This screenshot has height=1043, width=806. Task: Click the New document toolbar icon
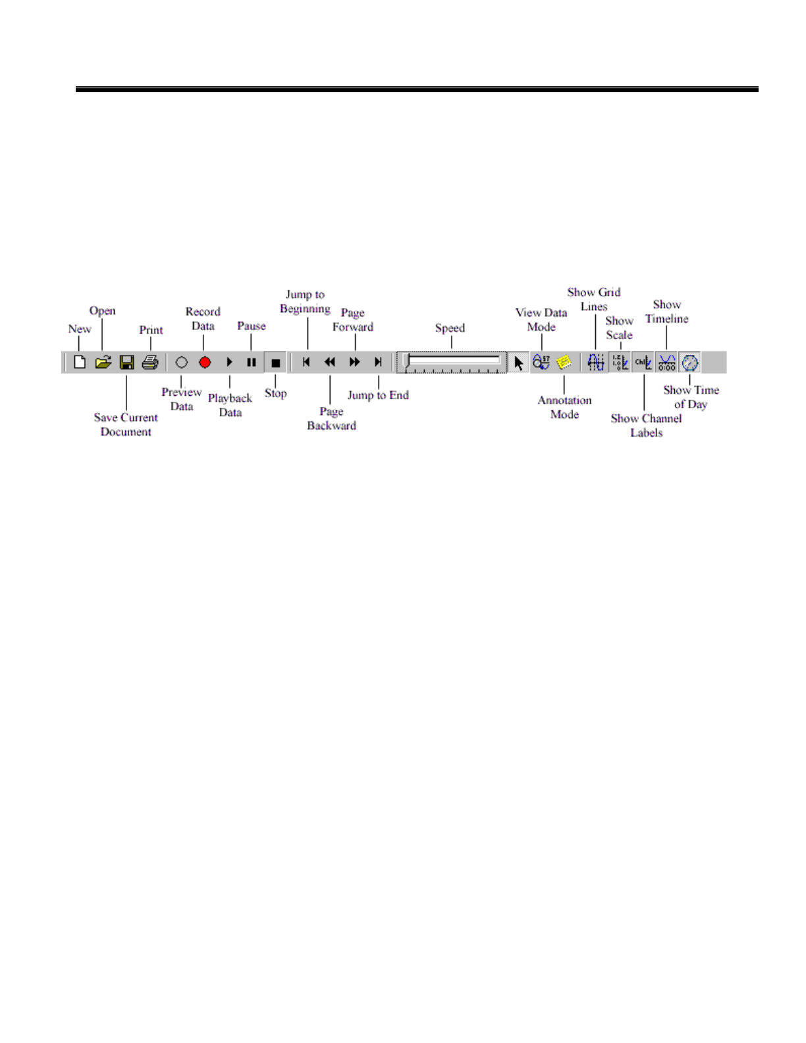tap(80, 362)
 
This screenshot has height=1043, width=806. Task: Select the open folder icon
tap(103, 362)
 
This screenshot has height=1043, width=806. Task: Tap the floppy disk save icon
tap(126, 362)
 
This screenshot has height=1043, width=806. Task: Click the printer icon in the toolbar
tap(150, 362)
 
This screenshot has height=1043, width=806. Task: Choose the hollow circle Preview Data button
tap(182, 362)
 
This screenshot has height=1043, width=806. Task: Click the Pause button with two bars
tap(252, 362)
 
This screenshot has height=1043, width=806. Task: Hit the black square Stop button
tap(276, 363)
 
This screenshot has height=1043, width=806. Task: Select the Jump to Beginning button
tap(306, 362)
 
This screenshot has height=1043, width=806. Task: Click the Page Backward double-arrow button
tap(330, 362)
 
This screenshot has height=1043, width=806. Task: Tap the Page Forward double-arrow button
tap(354, 362)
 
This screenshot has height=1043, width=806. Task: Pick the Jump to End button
tap(378, 362)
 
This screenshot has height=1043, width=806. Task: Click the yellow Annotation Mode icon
tap(564, 362)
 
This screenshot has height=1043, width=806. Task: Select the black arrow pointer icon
tap(519, 363)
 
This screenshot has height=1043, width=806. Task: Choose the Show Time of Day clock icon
tap(690, 363)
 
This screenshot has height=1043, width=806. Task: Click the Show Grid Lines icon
tap(596, 363)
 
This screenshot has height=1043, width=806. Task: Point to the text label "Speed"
tap(450, 328)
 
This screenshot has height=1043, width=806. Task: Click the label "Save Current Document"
tap(126, 425)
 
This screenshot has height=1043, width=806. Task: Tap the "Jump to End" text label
tap(378, 395)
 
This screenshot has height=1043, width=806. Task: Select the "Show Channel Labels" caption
tap(646, 425)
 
